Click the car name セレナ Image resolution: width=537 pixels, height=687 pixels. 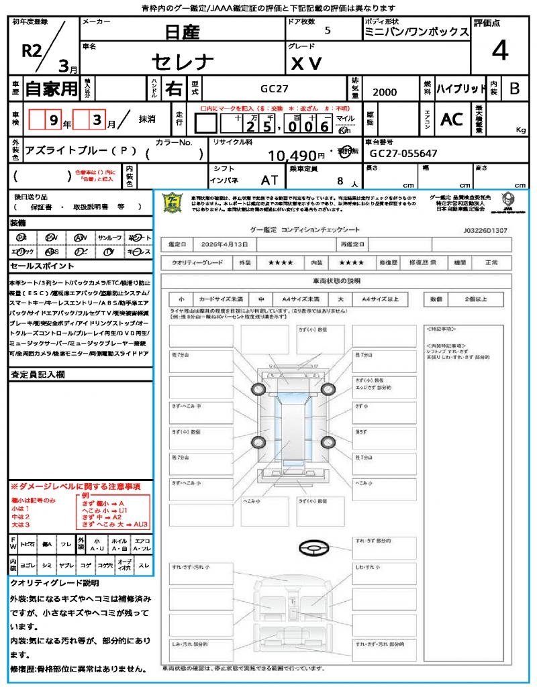coord(183,62)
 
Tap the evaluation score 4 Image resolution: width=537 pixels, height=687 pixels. coord(499,50)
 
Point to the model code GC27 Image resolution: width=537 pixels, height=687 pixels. coord(275,89)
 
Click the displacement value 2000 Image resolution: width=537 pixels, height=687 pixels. coord(385,93)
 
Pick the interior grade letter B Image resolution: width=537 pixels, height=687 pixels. coord(514,89)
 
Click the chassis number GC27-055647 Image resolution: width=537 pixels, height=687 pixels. coord(403,154)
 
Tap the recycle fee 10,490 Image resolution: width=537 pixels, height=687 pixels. coord(292,156)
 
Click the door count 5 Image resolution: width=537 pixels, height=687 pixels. coord(327,30)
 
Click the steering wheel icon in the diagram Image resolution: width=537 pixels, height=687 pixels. coord(312,549)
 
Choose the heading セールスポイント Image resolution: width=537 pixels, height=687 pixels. coord(36,266)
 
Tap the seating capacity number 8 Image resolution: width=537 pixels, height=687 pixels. coord(342,180)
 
